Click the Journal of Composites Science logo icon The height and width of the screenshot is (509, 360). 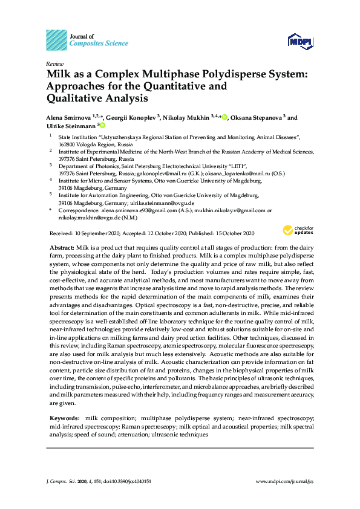coord(56,40)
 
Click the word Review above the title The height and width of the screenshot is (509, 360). coord(54,63)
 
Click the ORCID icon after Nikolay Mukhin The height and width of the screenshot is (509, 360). coord(224,117)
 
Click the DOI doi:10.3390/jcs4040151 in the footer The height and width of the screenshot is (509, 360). coord(129,482)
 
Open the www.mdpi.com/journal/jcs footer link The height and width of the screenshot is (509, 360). coord(285,482)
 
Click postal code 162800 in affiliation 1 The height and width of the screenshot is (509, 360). coord(67,146)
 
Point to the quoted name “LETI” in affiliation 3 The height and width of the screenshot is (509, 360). coord(236,164)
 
